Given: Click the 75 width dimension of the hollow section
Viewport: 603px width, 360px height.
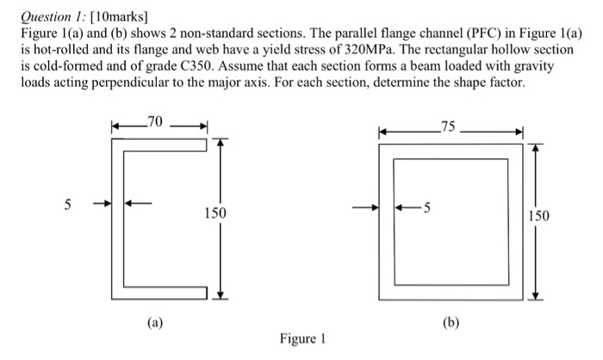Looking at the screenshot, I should [x=445, y=128].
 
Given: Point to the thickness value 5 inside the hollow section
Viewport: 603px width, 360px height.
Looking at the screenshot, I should [x=429, y=208].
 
